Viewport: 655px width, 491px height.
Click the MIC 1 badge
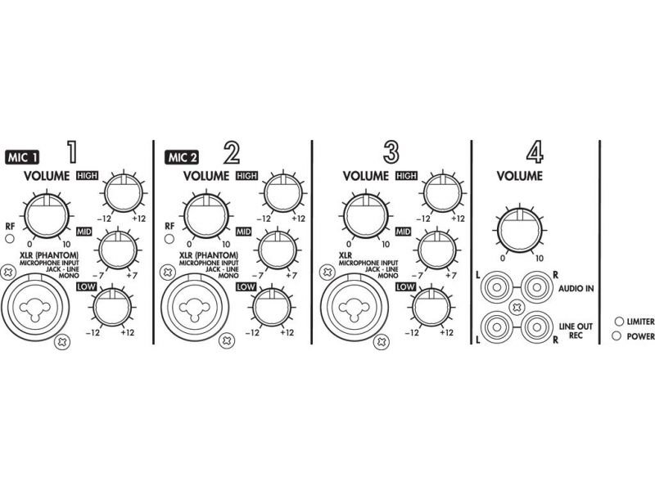pyautogui.click(x=22, y=157)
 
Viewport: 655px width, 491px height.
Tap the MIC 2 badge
pyautogui.click(x=181, y=157)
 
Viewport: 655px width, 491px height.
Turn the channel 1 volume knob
pyautogui.click(x=47, y=215)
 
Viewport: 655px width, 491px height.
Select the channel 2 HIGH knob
pyautogui.click(x=282, y=193)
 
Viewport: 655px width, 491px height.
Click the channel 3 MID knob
pyautogui.click(x=437, y=250)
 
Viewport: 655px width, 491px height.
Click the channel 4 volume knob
pyautogui.click(x=519, y=230)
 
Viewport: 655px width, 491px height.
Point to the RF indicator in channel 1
pyautogui.click(x=10, y=239)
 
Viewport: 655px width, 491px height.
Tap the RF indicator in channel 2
pyautogui.click(x=169, y=239)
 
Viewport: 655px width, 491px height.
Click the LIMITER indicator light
pyautogui.click(x=619, y=321)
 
